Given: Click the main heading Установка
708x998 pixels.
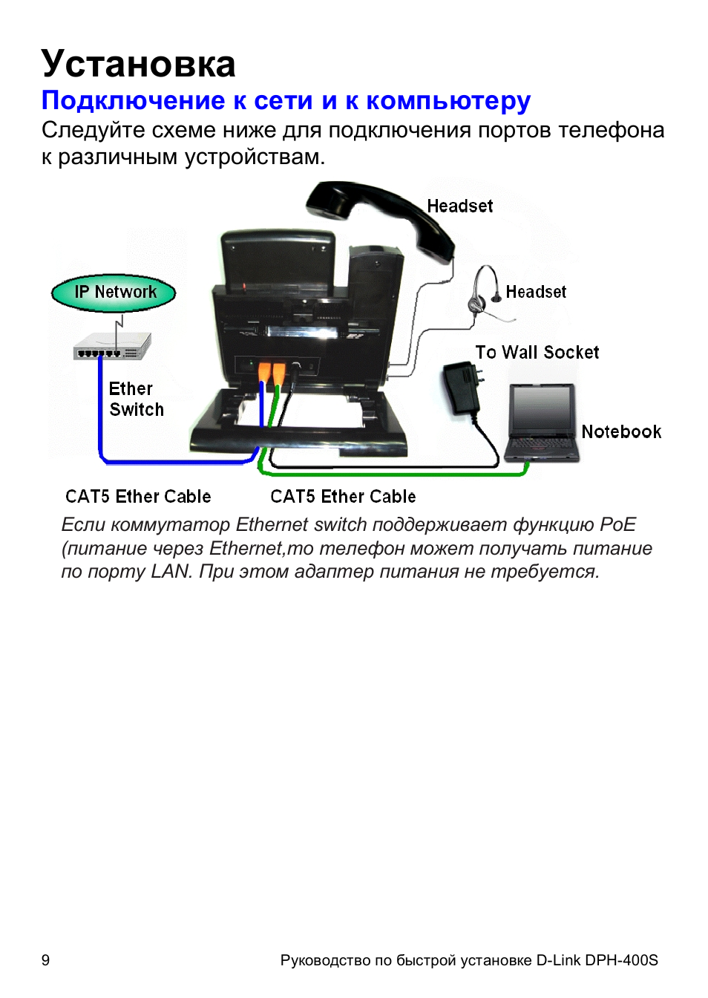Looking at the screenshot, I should click(138, 64).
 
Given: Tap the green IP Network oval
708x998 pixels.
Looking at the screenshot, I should click(114, 293).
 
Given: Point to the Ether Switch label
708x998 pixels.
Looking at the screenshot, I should click(136, 399).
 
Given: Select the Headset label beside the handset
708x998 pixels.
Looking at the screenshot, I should click(459, 206).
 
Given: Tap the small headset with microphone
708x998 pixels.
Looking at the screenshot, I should click(487, 294).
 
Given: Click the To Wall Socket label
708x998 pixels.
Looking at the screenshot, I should click(537, 353).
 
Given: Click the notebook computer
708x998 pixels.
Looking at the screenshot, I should click(542, 423).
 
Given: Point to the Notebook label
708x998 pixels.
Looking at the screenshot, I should click(621, 432).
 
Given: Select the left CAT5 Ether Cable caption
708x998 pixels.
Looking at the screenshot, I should click(138, 497).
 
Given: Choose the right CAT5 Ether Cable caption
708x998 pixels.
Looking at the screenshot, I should click(343, 497).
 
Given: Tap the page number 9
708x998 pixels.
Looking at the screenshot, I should click(45, 960).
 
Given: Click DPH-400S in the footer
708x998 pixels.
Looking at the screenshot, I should click(621, 960).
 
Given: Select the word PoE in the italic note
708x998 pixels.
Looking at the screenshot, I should click(617, 525).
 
